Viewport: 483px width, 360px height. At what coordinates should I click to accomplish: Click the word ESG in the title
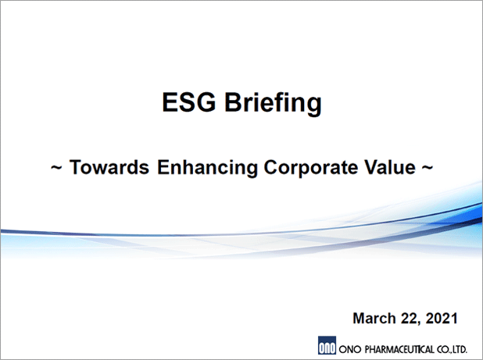[x=189, y=102]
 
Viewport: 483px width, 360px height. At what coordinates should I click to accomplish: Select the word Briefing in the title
[x=274, y=104]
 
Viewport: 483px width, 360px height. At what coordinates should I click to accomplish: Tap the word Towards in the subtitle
[x=109, y=167]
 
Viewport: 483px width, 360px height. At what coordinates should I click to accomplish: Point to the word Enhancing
[x=207, y=168]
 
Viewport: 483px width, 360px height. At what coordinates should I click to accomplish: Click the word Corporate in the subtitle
[x=310, y=168]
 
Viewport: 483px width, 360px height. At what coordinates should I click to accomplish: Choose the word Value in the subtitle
[x=390, y=167]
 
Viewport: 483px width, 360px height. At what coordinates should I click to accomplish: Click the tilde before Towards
[x=56, y=168]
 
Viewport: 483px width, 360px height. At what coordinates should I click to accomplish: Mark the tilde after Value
[x=427, y=168]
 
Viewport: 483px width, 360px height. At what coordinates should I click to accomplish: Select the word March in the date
[x=374, y=318]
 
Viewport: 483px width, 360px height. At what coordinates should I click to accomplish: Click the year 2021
[x=442, y=318]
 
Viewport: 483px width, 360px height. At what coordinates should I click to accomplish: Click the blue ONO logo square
[x=327, y=345]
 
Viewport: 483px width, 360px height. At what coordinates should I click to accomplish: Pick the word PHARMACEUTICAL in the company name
[x=399, y=350]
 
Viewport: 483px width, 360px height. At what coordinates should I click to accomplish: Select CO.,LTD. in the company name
[x=452, y=350]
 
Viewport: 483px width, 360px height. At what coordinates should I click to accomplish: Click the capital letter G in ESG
[x=205, y=102]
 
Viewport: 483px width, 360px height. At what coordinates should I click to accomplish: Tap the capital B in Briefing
[x=234, y=102]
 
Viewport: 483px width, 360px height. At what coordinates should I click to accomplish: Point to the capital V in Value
[x=371, y=167]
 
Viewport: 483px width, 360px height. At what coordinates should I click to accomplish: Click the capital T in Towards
[x=76, y=167]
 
